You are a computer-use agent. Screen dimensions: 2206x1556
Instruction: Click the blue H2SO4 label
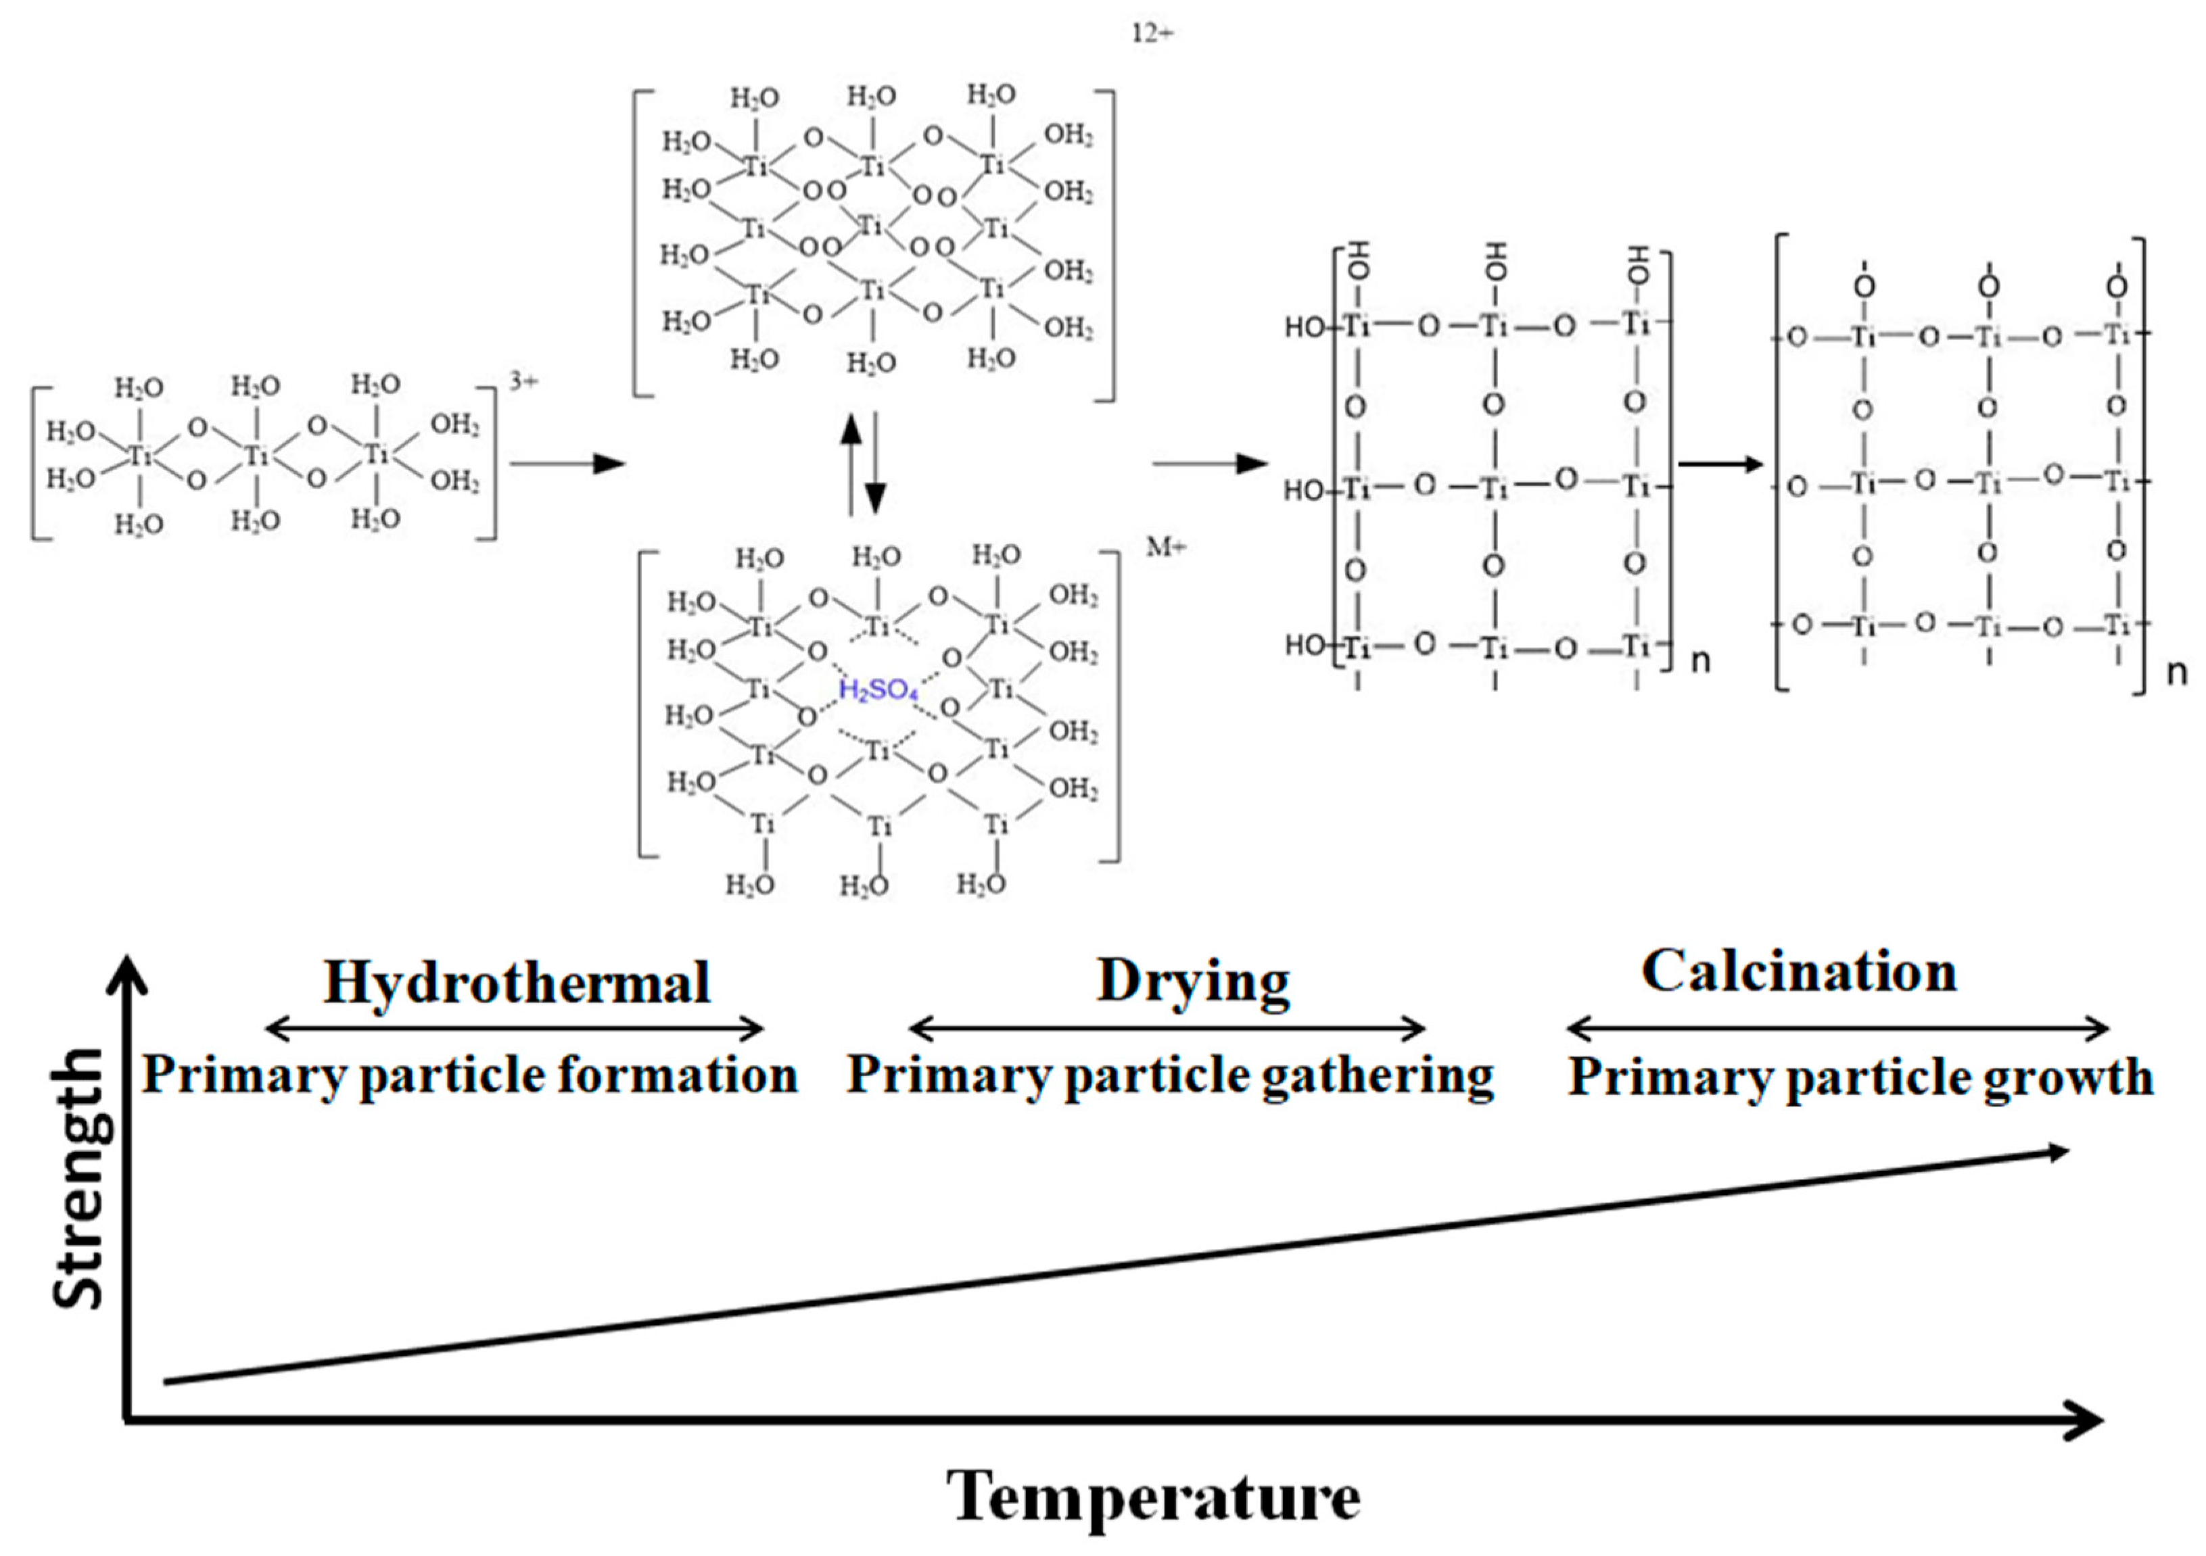point(878,689)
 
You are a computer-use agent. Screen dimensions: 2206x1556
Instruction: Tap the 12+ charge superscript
point(1152,34)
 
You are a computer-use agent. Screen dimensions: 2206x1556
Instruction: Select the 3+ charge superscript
point(523,381)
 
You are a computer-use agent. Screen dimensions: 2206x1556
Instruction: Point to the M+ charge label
point(1165,547)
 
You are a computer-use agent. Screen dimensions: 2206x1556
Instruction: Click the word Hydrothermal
point(517,983)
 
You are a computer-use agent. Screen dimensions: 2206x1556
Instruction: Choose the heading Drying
point(1194,983)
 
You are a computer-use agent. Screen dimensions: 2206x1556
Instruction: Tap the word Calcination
point(1799,971)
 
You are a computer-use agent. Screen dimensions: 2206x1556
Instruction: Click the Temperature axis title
point(1153,1495)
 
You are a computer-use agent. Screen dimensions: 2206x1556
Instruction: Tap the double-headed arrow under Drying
point(1167,1029)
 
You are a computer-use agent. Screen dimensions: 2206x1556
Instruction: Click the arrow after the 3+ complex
point(567,464)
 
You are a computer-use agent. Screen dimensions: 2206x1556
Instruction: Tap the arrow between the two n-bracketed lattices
point(1720,464)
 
